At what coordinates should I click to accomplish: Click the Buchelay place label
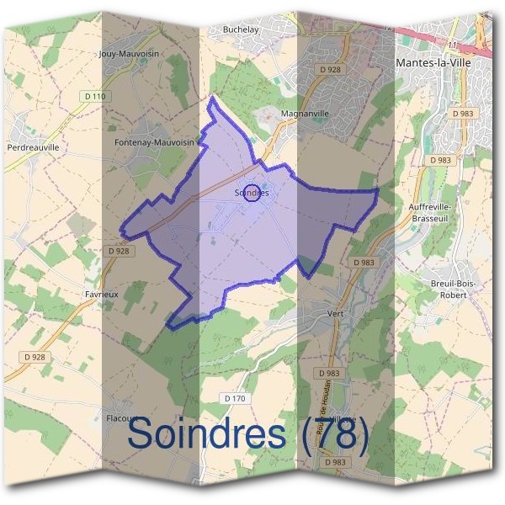[240, 30]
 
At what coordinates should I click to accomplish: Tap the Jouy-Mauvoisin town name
[141, 53]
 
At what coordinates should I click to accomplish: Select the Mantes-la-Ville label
[433, 62]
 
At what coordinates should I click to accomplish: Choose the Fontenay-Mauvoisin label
[155, 143]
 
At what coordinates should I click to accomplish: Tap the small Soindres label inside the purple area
[252, 193]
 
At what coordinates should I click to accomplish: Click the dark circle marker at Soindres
[251, 192]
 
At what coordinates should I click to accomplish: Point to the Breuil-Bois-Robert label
[452, 289]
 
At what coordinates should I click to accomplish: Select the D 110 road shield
[96, 97]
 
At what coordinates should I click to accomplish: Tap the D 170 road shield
[236, 397]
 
